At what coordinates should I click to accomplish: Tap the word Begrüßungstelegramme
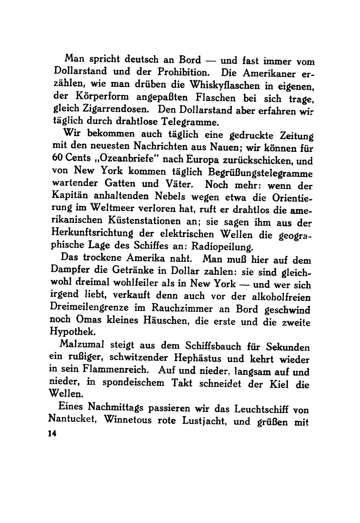pyautogui.click(x=258, y=172)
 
